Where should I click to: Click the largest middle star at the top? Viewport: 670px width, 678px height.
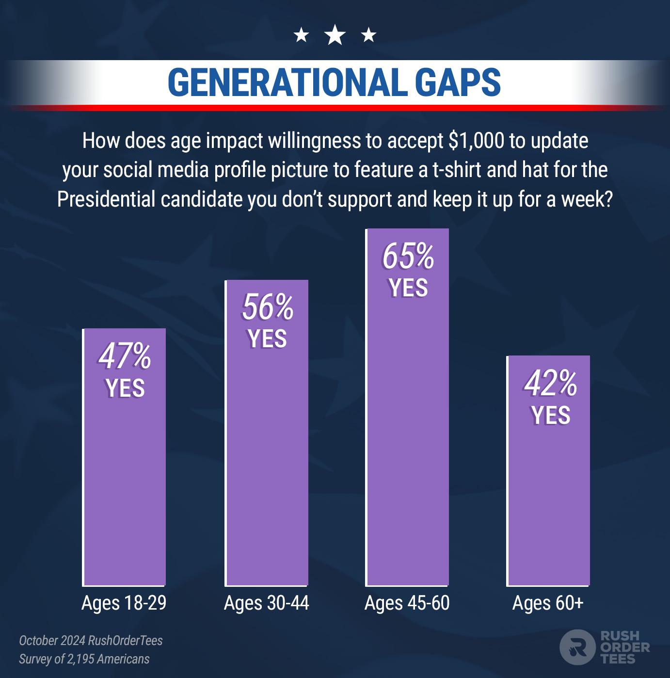tap(335, 35)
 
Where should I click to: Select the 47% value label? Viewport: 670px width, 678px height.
tap(125, 356)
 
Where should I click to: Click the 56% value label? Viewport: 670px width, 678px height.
tap(268, 307)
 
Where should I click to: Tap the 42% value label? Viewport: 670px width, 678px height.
tap(550, 384)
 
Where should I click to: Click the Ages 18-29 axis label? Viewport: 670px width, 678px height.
tap(124, 603)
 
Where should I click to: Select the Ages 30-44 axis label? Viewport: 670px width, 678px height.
tap(266, 603)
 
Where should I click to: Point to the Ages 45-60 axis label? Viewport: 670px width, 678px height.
tap(407, 603)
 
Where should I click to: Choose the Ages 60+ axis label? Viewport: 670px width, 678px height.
tap(548, 603)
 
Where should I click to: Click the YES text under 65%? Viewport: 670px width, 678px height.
tap(408, 288)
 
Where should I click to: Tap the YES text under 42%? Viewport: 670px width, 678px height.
tap(550, 415)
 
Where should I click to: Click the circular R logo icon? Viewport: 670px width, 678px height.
tap(577, 647)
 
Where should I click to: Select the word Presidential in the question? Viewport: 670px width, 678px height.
tap(106, 199)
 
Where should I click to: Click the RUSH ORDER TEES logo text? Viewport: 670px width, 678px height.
tap(624, 647)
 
